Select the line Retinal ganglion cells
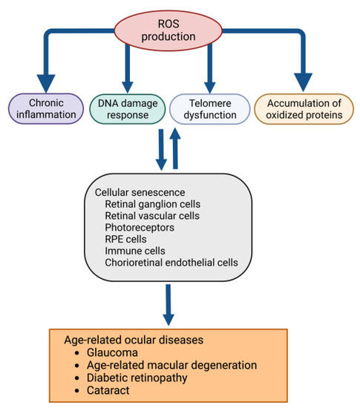click(x=154, y=203)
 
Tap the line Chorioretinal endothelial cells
click(x=175, y=263)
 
